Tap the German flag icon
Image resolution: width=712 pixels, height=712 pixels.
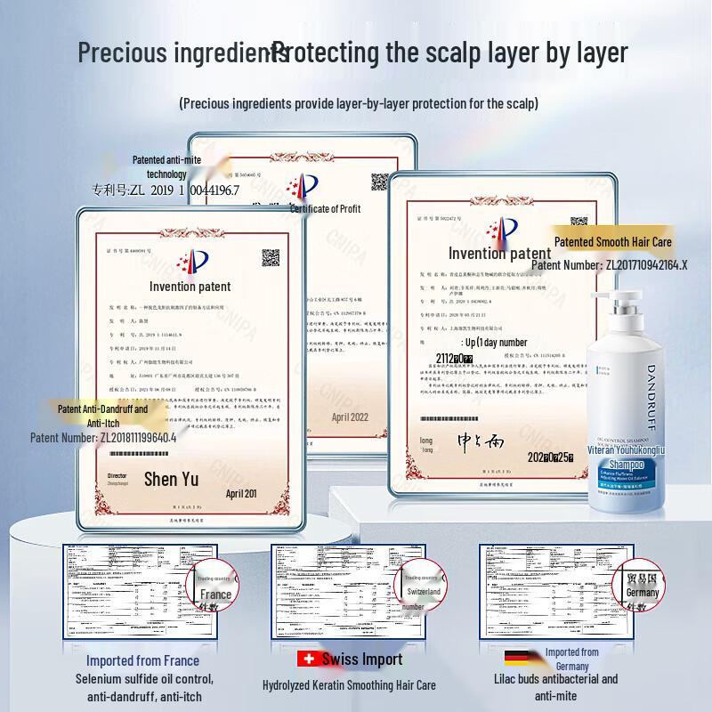click(x=517, y=659)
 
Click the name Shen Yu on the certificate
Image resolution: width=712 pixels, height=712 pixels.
click(x=172, y=480)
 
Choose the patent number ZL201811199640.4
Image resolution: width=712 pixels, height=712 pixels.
click(x=103, y=438)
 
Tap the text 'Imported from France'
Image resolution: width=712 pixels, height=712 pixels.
click(x=142, y=660)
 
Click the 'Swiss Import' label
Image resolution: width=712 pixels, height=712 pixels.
click(x=362, y=659)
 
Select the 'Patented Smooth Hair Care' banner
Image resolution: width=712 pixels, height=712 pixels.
click(x=613, y=241)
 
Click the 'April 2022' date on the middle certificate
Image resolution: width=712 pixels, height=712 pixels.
click(x=350, y=417)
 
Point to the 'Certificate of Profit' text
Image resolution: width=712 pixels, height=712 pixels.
click(x=326, y=208)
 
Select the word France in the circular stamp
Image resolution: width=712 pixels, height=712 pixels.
click(x=215, y=595)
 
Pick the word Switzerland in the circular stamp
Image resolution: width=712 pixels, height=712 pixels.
click(x=424, y=591)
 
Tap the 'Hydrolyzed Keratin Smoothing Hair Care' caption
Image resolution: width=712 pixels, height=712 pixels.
click(x=349, y=685)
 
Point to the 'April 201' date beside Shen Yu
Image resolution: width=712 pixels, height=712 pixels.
click(x=241, y=493)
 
